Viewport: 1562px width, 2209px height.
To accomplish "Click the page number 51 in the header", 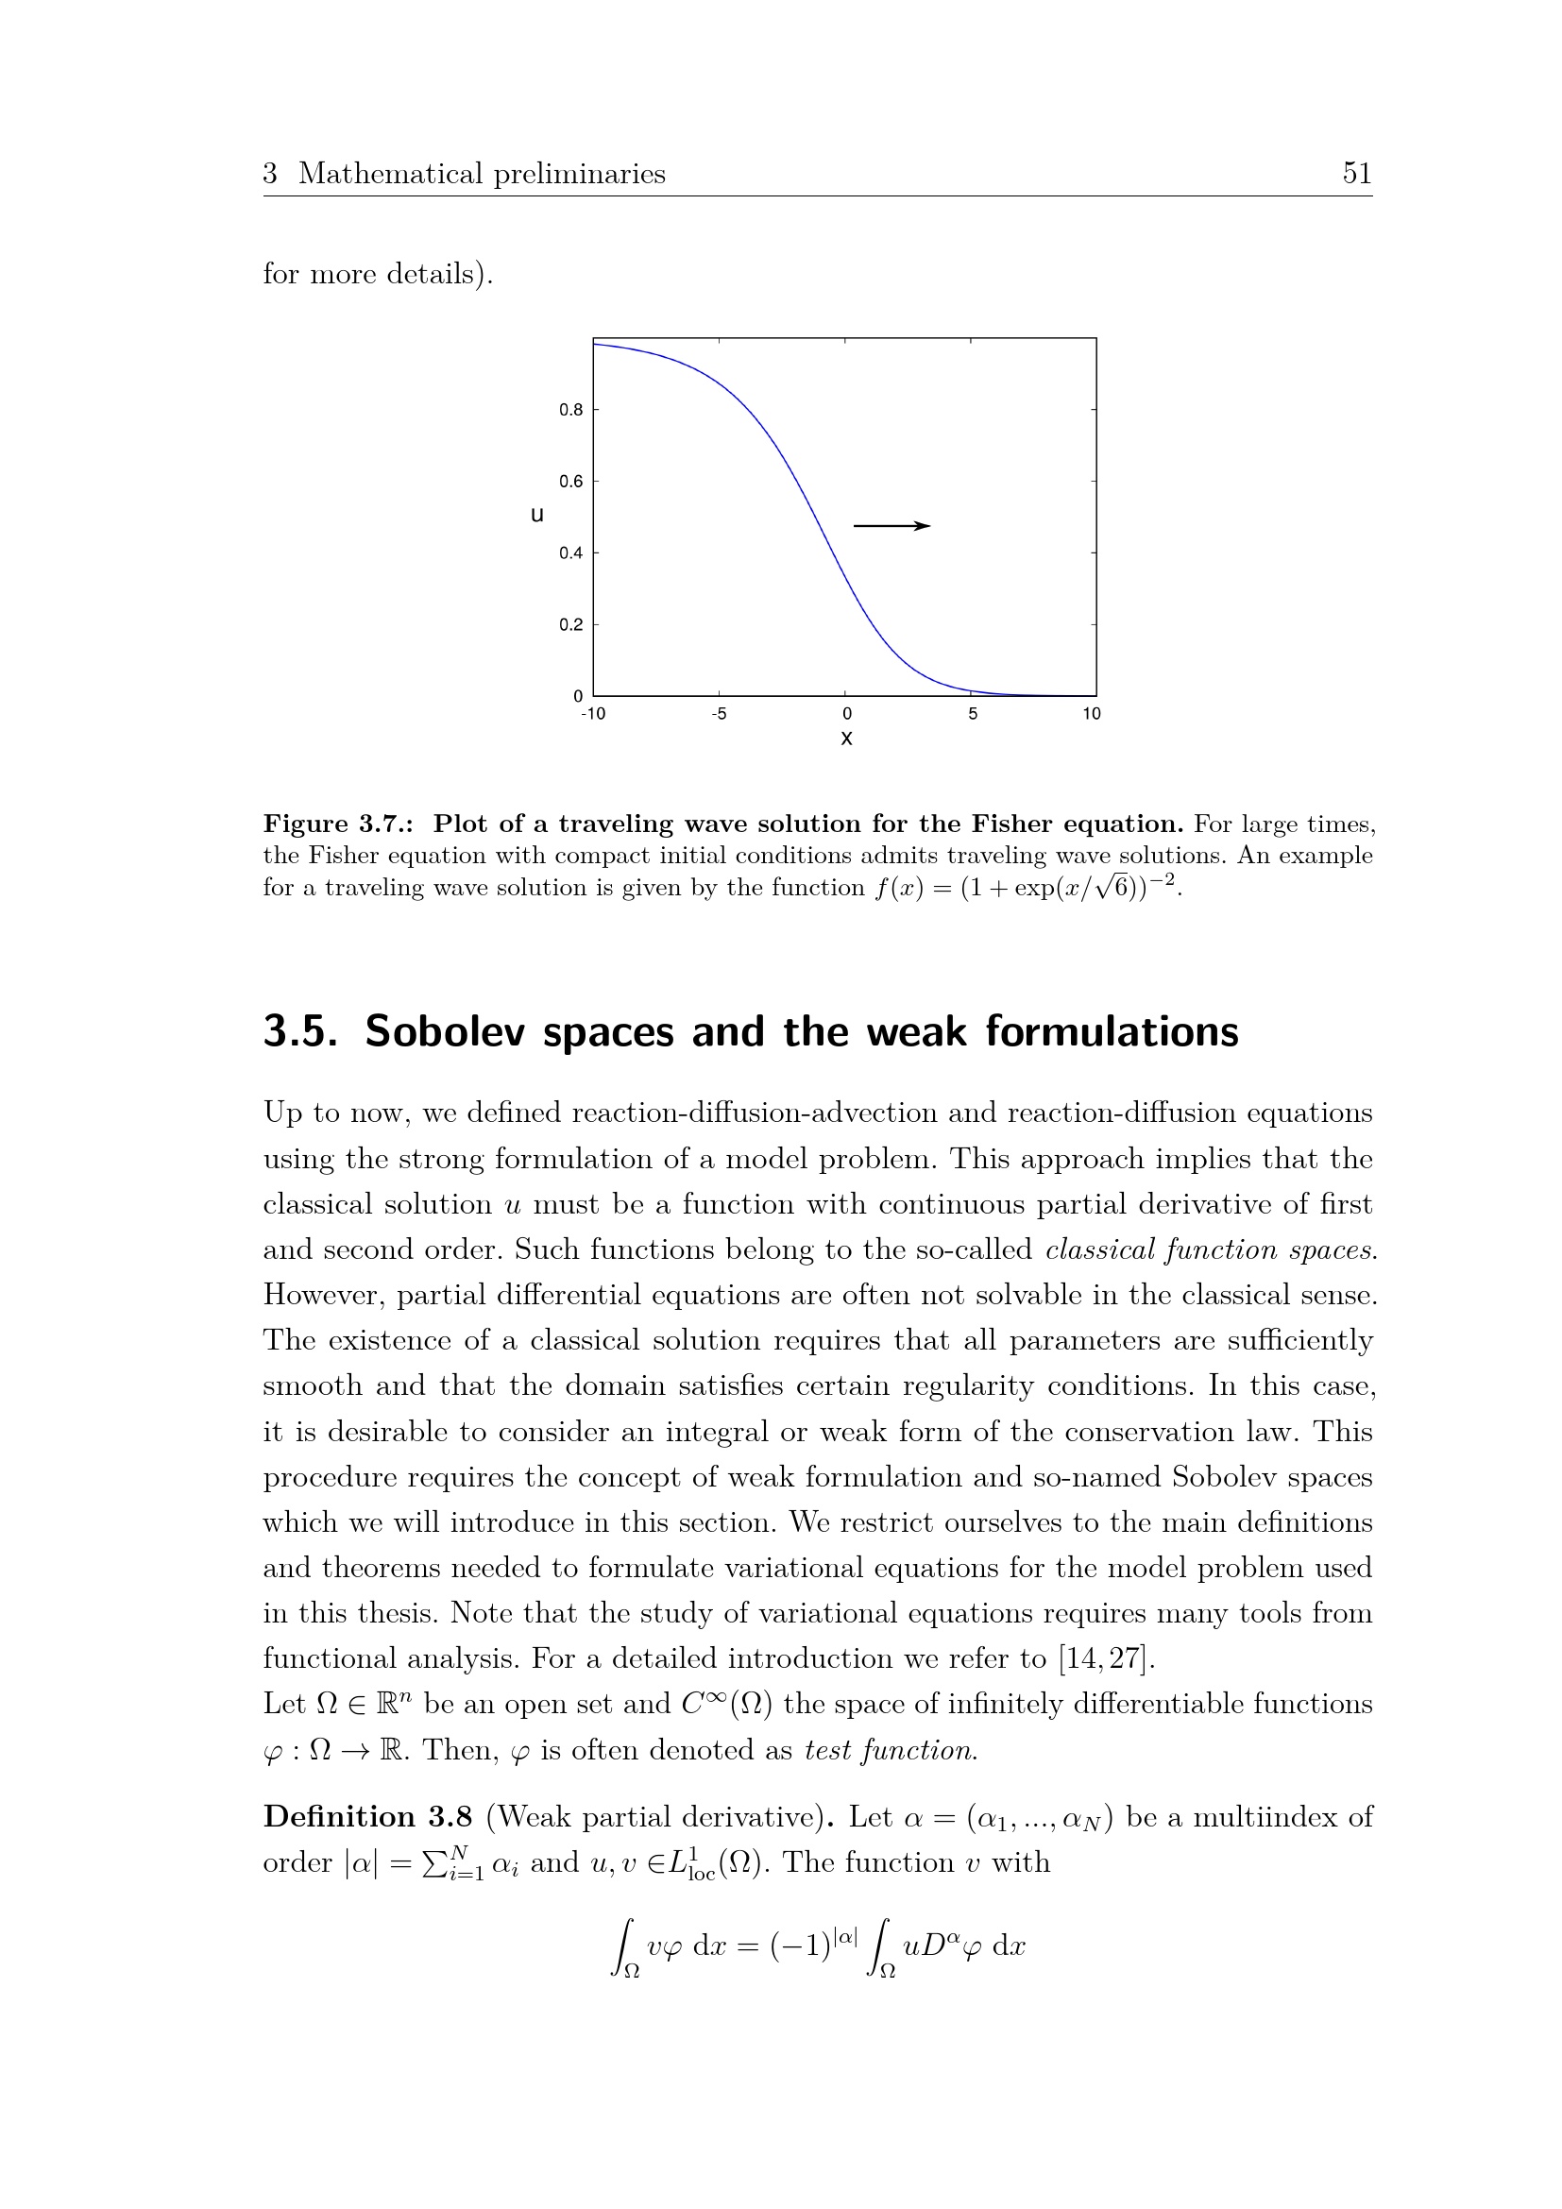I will pos(1356,173).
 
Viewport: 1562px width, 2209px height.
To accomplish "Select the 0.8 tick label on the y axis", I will pos(570,410).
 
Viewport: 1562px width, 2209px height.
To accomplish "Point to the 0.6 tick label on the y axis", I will pos(570,482).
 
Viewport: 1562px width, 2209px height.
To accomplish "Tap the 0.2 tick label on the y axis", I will pos(570,625).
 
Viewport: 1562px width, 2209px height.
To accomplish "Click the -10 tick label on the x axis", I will pos(592,714).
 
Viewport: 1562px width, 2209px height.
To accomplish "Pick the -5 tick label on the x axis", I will pos(719,714).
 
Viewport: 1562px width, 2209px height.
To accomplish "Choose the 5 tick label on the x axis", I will pos(973,714).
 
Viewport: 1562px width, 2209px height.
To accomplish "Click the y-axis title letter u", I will pos(536,515).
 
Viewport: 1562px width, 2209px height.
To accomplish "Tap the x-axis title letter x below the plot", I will pos(846,739).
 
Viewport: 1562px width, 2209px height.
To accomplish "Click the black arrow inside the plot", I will pos(891,526).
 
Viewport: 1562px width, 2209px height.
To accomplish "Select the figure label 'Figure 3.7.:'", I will pos(340,824).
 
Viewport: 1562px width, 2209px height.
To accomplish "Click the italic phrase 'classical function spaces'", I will pos(1209,1249).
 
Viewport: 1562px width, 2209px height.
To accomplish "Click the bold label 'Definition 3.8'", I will pos(367,1817).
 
